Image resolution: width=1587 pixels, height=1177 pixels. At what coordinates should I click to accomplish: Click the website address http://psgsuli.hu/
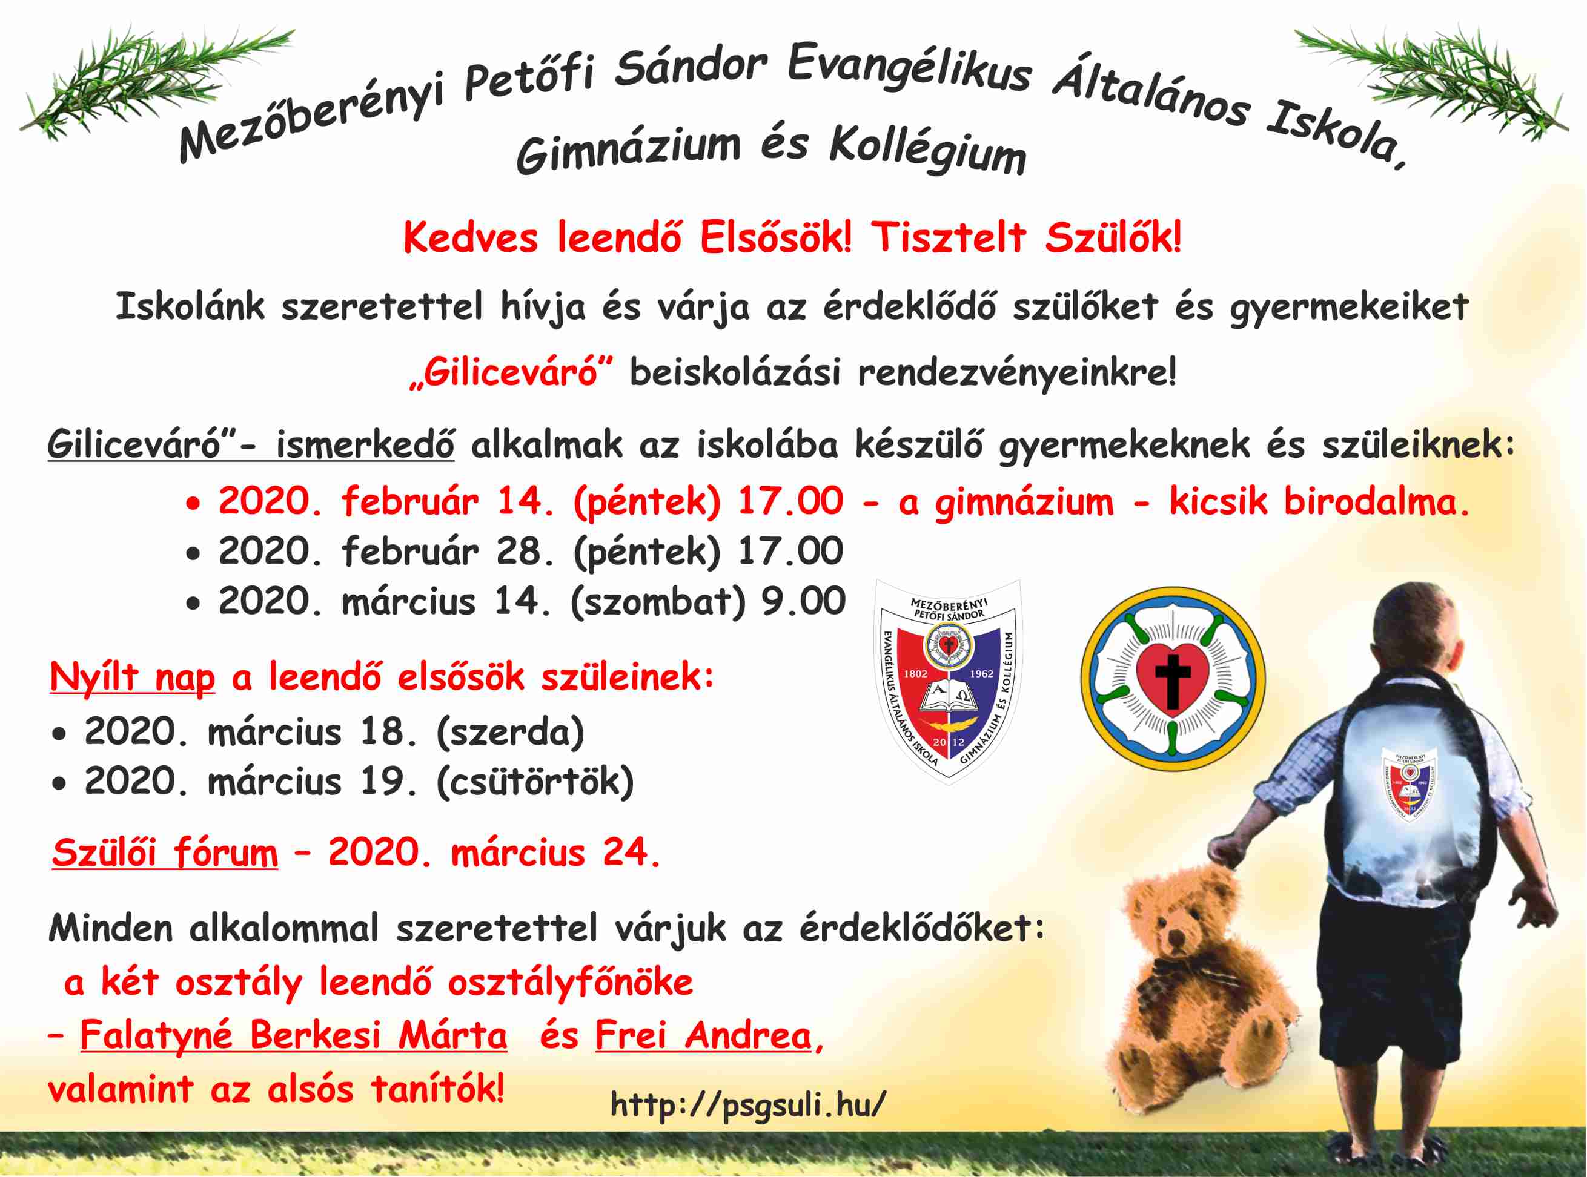(x=748, y=1104)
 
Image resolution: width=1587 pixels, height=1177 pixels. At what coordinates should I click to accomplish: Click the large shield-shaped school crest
(x=949, y=682)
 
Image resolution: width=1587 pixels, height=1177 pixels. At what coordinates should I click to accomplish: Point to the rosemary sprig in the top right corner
(x=1433, y=82)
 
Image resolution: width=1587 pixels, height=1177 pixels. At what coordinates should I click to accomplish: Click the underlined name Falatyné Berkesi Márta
(x=294, y=1035)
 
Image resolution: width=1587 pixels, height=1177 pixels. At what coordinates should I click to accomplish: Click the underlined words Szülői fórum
(x=165, y=853)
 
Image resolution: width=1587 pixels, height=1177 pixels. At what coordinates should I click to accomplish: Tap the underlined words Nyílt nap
(x=133, y=678)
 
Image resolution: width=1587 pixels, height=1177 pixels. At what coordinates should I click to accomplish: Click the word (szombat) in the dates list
(x=657, y=602)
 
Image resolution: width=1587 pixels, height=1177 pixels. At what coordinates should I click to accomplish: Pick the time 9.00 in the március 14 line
(x=803, y=601)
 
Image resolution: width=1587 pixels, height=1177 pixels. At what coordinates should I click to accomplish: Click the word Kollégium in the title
(x=927, y=151)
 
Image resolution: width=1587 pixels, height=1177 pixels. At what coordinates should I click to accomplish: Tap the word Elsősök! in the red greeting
(x=775, y=237)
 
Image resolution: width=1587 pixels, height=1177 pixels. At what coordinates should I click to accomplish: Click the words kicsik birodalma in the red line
(x=1320, y=503)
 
